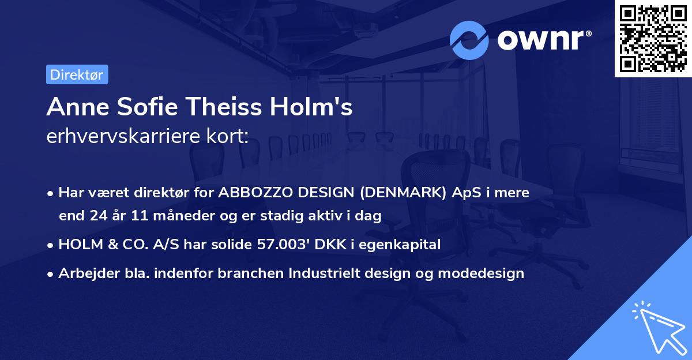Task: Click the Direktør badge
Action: [x=77, y=74]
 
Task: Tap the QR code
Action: [x=653, y=38]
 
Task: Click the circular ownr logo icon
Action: [x=469, y=40]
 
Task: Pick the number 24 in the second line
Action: [x=97, y=216]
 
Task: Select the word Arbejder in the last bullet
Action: [x=84, y=273]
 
